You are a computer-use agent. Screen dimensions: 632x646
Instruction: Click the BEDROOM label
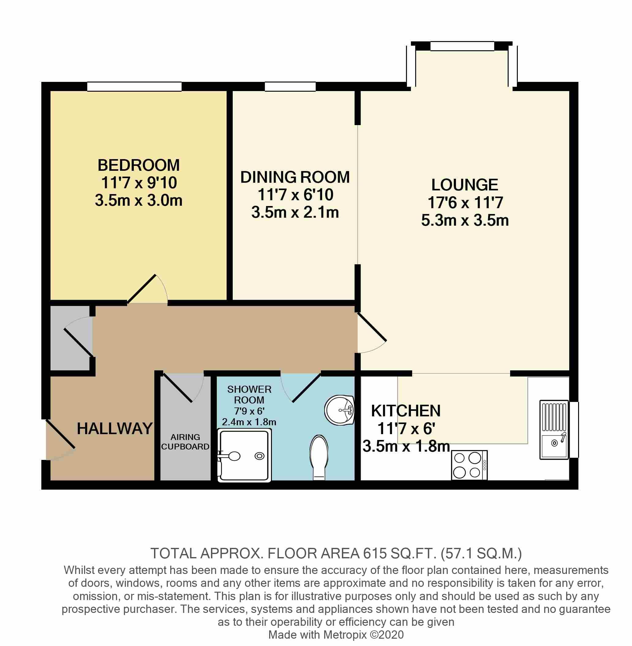coord(138,165)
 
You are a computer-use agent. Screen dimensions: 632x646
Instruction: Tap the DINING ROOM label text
coord(295,177)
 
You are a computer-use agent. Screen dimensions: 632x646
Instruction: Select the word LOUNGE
coord(465,185)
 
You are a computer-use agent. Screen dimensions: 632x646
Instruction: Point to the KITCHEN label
coord(406,411)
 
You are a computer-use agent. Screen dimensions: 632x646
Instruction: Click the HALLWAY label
coord(115,429)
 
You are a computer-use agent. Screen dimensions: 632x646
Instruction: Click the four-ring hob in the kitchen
coord(469,465)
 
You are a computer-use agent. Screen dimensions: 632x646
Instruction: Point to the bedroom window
coord(134,86)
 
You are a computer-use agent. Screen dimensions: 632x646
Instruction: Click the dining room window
coord(290,86)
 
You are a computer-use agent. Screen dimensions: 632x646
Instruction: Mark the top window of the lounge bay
coord(462,46)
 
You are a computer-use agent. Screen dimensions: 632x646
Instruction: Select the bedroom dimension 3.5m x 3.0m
coord(139,201)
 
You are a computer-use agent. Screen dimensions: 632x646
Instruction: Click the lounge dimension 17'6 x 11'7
coord(465,203)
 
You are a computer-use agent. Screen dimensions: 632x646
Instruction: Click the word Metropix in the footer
coord(345,635)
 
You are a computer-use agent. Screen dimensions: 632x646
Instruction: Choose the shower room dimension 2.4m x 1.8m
coord(249,422)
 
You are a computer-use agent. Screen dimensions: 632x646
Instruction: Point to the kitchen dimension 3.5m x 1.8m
coord(406,446)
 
